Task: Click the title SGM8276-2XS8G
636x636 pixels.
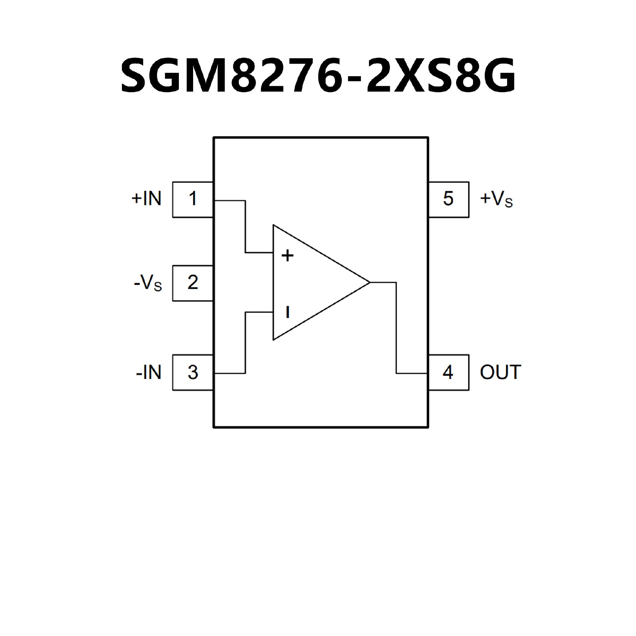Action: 318,75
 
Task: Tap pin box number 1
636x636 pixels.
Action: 192,199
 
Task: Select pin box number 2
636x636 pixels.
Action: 192,283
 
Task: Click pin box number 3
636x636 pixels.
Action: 192,372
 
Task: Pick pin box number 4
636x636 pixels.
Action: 448,372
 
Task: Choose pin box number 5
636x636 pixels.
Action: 448,199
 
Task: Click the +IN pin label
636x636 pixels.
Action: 146,199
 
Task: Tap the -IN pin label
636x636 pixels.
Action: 149,373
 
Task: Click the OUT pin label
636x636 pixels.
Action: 501,372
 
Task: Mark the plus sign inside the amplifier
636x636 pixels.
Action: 288,255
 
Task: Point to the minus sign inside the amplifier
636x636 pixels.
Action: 288,312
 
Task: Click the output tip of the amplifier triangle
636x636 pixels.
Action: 369,283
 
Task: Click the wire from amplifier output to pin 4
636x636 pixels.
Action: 396,328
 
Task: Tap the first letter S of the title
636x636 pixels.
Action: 135,75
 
